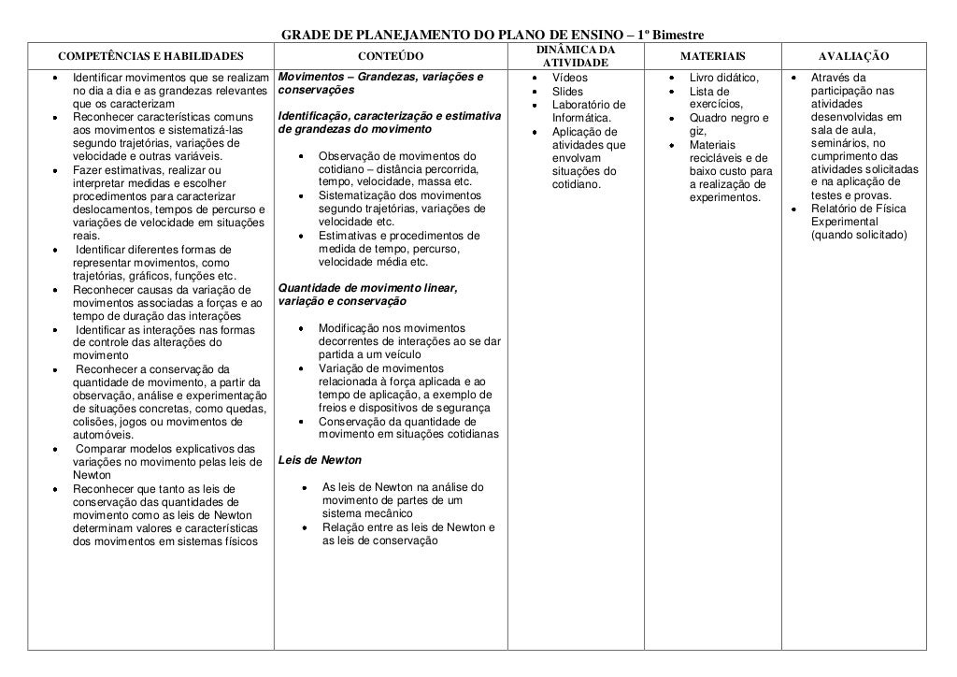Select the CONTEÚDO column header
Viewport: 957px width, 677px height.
pos(391,56)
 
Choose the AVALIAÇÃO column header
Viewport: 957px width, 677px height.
pos(853,56)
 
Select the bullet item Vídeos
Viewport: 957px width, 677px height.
pos(570,77)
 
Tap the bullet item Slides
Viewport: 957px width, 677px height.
pos(567,92)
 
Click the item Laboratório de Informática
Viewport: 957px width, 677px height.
pos(588,111)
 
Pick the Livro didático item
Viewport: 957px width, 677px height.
pos(723,77)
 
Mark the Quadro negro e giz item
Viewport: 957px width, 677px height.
pos(728,124)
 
